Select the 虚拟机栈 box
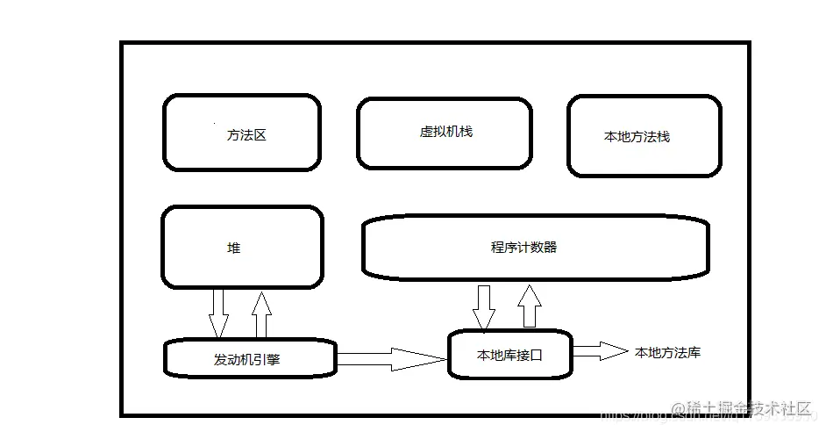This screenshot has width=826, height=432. click(444, 132)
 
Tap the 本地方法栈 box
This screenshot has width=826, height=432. click(644, 136)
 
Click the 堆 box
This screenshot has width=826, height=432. click(243, 248)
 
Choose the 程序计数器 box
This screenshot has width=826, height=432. click(535, 247)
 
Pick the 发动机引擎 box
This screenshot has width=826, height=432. click(250, 358)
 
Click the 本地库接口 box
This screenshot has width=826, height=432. click(510, 355)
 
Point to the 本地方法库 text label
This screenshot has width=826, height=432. click(667, 352)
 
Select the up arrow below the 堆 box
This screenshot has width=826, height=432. click(260, 315)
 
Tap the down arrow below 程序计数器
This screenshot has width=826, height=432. click(483, 307)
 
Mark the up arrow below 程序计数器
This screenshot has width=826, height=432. click(529, 306)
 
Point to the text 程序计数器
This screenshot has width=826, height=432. click(523, 247)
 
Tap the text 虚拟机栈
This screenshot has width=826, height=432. click(445, 132)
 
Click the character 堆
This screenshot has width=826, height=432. click(233, 248)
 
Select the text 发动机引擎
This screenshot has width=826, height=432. click(246, 359)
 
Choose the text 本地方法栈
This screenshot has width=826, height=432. click(637, 137)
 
